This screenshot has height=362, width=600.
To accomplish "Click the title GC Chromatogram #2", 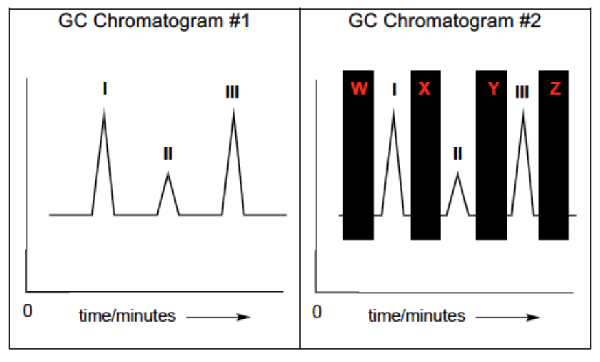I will tap(444, 21).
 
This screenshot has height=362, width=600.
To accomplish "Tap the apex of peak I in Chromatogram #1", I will tap(104, 110).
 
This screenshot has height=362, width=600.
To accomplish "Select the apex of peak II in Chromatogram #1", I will tap(168, 173).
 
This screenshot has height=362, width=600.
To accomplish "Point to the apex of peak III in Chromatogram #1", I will tap(233, 110).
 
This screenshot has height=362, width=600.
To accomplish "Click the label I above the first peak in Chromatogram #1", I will tap(104, 88).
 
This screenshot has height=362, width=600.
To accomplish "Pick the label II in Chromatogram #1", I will tap(168, 154).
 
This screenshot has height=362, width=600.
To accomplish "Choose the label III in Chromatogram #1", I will tap(232, 93).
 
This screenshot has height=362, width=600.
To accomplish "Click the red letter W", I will tap(359, 88).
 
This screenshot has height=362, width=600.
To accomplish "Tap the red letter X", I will tap(424, 88).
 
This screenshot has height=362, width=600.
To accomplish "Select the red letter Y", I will tap(492, 88).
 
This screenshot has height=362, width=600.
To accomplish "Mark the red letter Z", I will tap(555, 88).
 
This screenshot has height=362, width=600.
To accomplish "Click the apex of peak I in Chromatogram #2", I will tap(393, 110).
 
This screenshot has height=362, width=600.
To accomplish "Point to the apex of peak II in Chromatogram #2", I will tap(458, 173).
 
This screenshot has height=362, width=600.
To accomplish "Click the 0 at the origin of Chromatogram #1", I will tap(27, 311).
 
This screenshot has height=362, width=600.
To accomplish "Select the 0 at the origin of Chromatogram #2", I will tap(316, 313).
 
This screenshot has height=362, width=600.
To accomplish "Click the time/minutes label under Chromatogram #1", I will tap(127, 316).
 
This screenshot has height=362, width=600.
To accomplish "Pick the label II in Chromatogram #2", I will tap(458, 154).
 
